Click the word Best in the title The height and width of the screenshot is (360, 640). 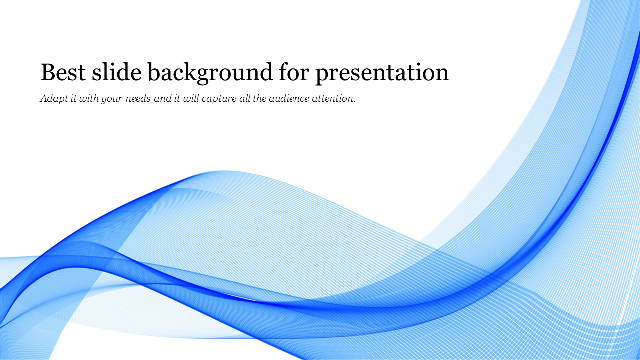click(x=63, y=72)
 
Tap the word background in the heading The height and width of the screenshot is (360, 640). click(x=210, y=73)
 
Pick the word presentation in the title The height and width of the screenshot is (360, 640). click(x=382, y=73)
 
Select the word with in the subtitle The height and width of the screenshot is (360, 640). click(x=89, y=98)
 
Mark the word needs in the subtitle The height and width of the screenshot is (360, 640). click(x=138, y=99)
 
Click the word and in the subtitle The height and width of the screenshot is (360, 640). click(x=163, y=99)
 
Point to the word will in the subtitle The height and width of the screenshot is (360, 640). click(x=191, y=98)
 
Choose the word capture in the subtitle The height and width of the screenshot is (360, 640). click(x=219, y=99)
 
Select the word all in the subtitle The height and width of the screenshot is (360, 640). click(x=245, y=98)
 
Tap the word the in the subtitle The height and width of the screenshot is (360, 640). click(x=259, y=98)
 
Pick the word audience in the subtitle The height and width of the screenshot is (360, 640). click(x=289, y=99)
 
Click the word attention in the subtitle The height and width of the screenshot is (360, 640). click(x=332, y=99)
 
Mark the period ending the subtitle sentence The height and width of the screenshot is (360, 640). click(x=354, y=102)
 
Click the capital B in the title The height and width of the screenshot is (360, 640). click(x=49, y=72)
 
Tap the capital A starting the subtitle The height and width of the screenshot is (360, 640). click(x=44, y=98)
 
